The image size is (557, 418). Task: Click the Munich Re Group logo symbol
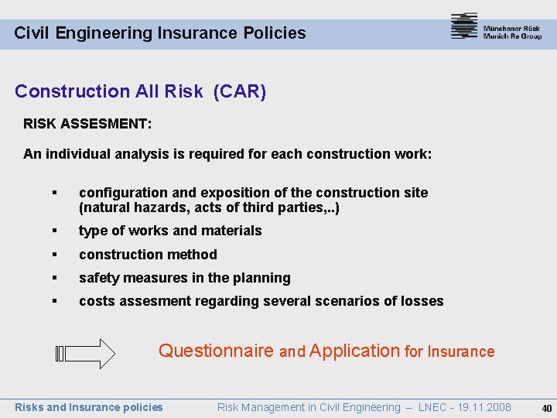[463, 26]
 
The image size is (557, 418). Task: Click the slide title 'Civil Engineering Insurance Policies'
[160, 33]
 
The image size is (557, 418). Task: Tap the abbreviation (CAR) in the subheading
[240, 92]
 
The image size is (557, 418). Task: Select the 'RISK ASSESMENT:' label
[87, 123]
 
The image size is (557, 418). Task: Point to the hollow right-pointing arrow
[86, 354]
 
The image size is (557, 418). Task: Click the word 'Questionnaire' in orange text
[216, 351]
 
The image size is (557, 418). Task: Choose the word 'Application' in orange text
[354, 351]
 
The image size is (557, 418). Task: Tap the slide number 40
[546, 408]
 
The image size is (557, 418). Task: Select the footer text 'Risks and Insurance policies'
[89, 407]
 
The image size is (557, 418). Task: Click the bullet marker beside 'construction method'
[54, 255]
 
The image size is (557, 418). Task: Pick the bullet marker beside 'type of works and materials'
[54, 231]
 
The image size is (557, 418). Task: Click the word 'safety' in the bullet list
[98, 278]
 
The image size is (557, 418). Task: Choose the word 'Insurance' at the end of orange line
[461, 351]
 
